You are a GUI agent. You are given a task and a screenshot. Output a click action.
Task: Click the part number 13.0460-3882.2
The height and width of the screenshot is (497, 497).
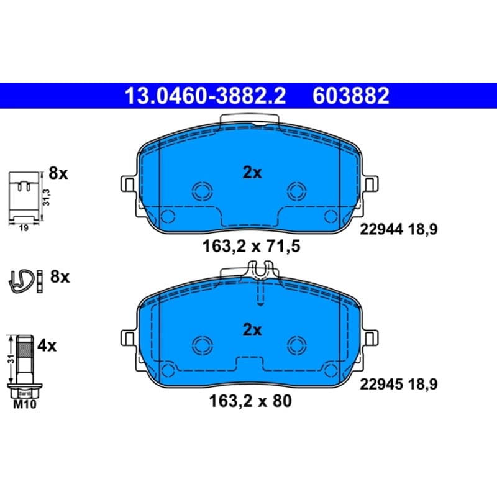click(206, 96)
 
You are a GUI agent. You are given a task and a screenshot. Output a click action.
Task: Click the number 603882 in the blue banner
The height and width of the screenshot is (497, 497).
click(351, 96)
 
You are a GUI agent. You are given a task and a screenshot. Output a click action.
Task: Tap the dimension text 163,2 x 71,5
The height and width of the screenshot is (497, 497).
click(251, 246)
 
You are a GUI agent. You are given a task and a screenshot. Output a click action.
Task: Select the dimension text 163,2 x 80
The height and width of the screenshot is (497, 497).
click(250, 401)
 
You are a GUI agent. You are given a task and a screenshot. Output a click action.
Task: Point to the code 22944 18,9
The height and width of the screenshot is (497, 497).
click(398, 229)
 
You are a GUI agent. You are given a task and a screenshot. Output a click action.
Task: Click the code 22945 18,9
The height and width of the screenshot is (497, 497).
click(398, 384)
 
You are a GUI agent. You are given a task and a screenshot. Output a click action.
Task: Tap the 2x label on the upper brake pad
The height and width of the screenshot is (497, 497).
click(252, 173)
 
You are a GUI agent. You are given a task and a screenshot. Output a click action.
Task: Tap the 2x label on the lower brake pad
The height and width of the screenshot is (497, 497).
click(252, 330)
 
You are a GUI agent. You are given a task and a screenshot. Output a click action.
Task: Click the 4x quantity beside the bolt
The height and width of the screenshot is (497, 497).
click(47, 345)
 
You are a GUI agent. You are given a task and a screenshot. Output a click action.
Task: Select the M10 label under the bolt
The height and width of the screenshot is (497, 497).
click(25, 404)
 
